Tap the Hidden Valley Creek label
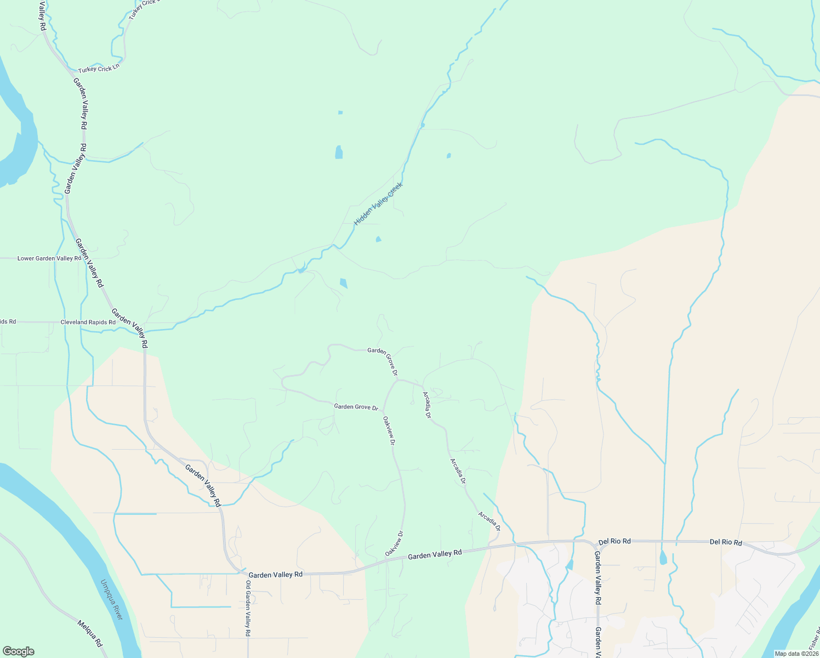click(378, 204)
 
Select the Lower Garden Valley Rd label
click(49, 258)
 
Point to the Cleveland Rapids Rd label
click(88, 322)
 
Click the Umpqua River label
click(112, 600)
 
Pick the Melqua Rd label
click(90, 633)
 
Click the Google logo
click(18, 651)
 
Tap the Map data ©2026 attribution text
click(796, 654)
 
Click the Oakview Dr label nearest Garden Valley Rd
click(395, 543)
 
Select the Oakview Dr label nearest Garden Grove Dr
click(389, 430)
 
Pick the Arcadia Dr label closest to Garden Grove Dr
click(426, 405)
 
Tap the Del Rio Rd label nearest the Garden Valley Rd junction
click(614, 541)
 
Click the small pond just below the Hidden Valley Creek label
click(378, 239)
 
